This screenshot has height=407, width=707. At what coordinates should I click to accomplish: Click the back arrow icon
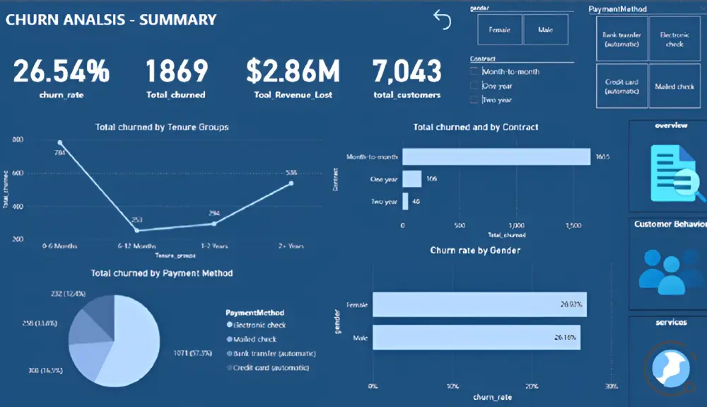point(442,20)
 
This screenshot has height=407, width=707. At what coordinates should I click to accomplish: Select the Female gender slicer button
point(499,30)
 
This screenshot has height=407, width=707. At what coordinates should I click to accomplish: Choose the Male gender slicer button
point(546,30)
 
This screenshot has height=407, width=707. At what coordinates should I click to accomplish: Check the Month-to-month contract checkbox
point(474,71)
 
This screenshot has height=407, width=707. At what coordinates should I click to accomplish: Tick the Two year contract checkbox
point(474,100)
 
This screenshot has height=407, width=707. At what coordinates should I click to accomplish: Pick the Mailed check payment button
point(674,86)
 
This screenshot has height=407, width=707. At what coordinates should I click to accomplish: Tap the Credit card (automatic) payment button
point(621,86)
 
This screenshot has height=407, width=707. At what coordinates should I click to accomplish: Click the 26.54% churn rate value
point(62,71)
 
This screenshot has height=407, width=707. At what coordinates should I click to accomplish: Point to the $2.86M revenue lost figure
point(293,71)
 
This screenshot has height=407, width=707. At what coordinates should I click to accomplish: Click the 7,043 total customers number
point(407,71)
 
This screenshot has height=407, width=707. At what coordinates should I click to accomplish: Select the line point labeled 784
point(60,142)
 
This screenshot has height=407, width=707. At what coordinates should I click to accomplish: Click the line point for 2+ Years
point(291,183)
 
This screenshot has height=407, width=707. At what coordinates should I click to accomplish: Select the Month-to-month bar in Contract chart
point(496,156)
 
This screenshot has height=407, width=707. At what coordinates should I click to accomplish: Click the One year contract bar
point(411,179)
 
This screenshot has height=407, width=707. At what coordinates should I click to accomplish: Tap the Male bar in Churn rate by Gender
point(477,337)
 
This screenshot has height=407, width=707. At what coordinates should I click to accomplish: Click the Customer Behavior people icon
point(668,270)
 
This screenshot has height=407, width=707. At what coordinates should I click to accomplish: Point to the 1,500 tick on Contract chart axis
point(573,225)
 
